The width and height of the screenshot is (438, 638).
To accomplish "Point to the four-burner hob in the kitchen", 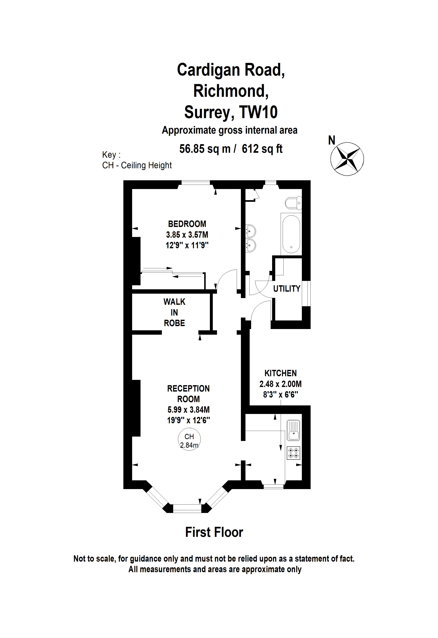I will [293, 453].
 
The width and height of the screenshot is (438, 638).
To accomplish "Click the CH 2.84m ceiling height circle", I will [189, 440].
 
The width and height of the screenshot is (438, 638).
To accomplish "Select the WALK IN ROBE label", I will [174, 312].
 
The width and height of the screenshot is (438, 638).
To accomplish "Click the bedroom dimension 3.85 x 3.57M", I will [187, 235].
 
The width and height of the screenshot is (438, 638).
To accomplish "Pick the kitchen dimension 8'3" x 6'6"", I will [281, 394].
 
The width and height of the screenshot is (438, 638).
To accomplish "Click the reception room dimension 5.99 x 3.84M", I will [189, 410].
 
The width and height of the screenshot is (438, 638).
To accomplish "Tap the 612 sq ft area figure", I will [262, 149].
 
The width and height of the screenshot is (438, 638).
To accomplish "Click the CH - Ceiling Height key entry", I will [137, 165].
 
